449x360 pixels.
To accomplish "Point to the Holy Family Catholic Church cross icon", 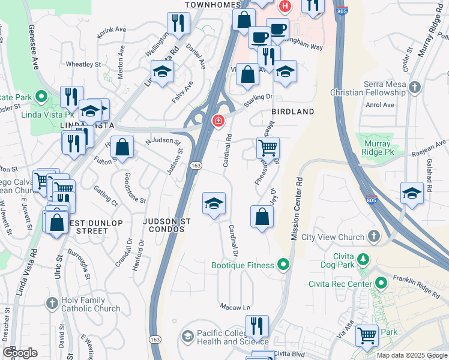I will click(x=52, y=303).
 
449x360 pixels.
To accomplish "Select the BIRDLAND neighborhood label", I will click(x=292, y=112).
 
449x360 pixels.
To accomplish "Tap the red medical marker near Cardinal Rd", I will click(x=217, y=121).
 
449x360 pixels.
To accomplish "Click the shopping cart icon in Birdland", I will click(x=268, y=146).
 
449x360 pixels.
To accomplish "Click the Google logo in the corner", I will click(x=20, y=353).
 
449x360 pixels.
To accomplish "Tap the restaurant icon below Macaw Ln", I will click(x=257, y=326).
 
